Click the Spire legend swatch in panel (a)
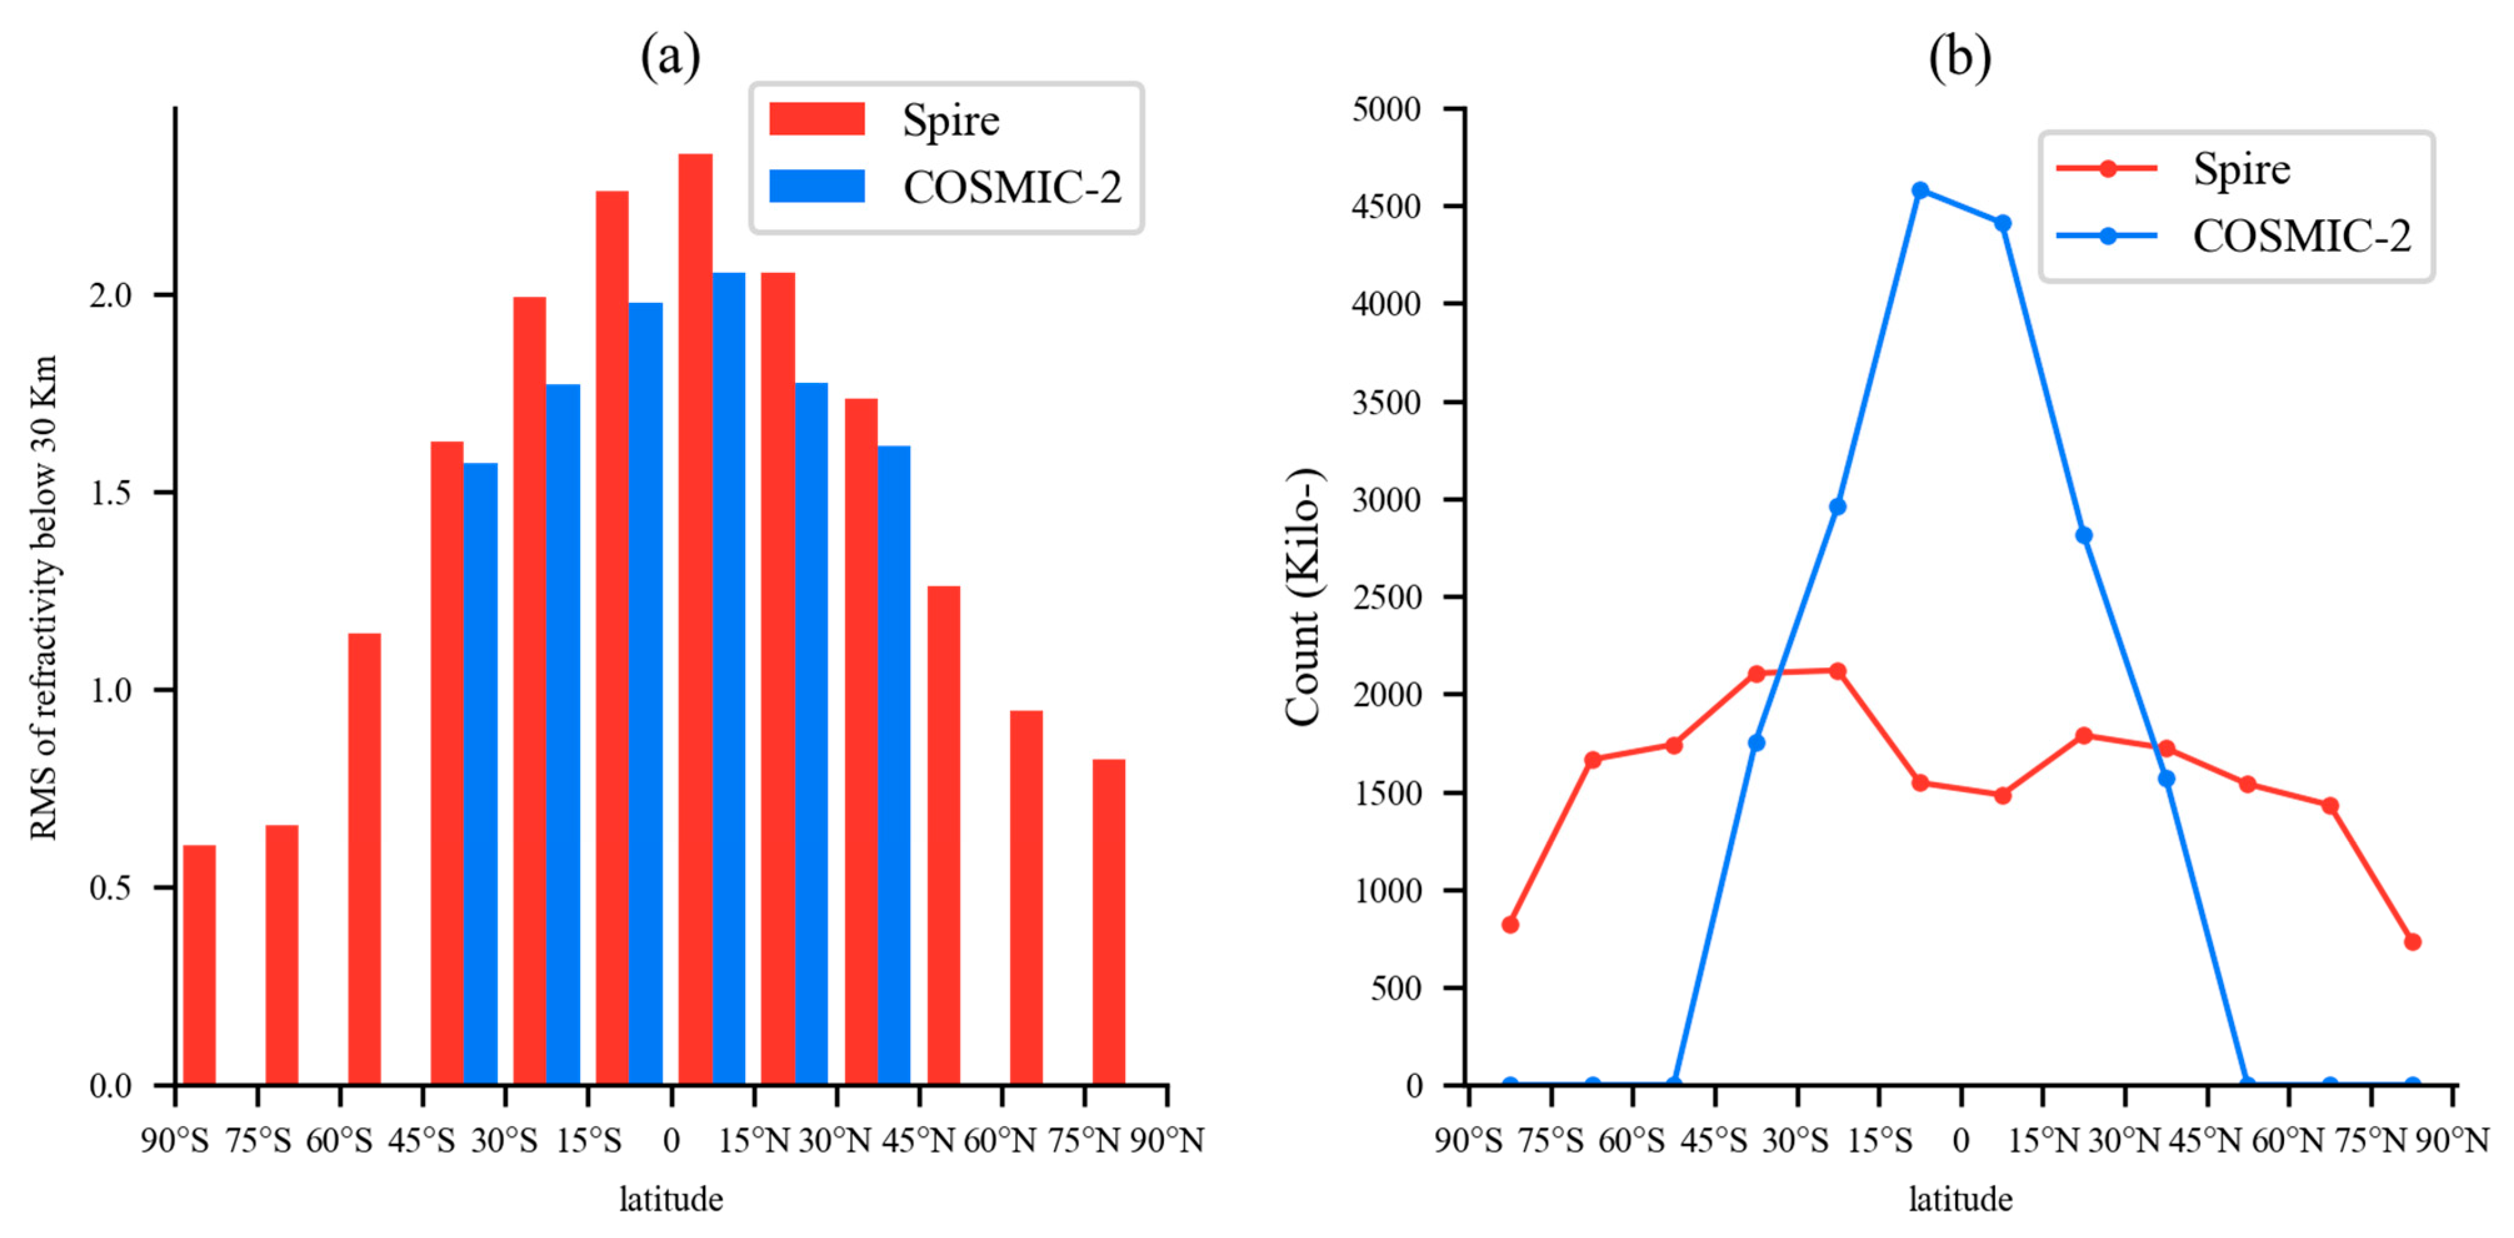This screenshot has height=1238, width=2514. coord(817,119)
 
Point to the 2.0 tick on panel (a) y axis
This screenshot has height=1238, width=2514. coord(110,295)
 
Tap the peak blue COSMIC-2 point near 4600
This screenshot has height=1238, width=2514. coord(1920,191)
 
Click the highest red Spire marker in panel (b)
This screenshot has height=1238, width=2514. coord(1836,671)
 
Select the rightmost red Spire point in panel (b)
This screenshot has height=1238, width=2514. coord(2413,941)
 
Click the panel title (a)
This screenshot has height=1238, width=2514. coord(671,57)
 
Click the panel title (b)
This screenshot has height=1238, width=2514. coord(1960,57)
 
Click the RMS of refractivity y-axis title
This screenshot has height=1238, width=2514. coord(44,597)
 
